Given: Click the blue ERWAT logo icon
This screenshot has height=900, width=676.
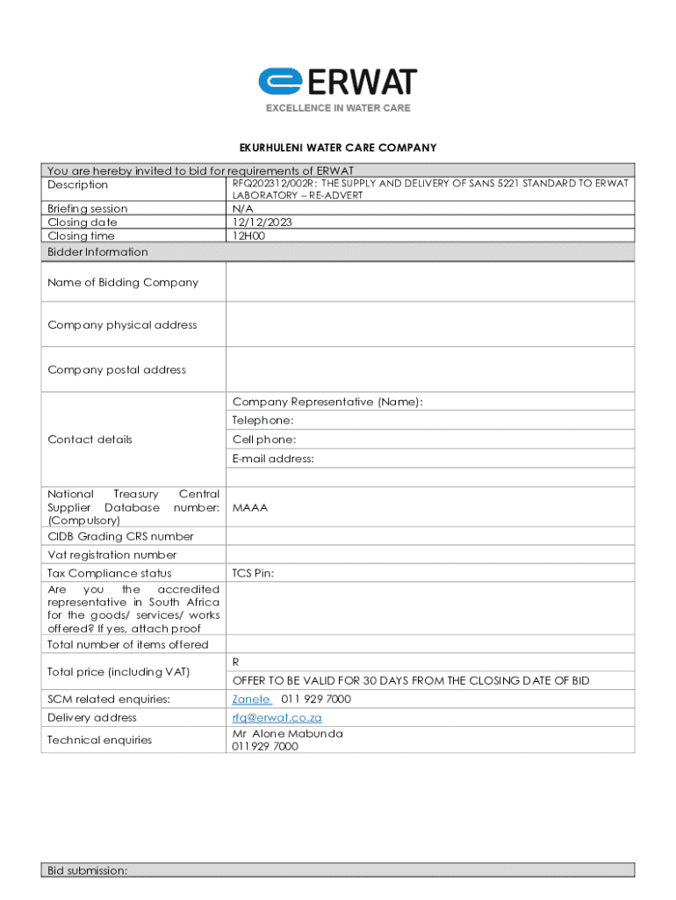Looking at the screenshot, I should [280, 82].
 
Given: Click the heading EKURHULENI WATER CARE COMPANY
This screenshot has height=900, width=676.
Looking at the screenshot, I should [338, 148].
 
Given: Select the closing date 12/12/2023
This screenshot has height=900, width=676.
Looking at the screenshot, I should [262, 222].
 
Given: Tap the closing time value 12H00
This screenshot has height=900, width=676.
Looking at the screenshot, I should [248, 236].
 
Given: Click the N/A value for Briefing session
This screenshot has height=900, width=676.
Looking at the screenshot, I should [242, 209].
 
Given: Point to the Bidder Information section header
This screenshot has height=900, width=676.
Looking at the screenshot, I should [97, 252].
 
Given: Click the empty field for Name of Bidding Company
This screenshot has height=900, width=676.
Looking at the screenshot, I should [430, 282].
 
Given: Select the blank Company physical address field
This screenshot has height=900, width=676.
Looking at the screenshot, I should [430, 324].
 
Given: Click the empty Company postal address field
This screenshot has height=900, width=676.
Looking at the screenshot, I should [430, 369].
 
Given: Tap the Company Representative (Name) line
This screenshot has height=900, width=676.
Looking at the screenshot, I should [327, 402].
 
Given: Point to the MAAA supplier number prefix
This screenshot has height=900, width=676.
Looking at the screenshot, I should [250, 507].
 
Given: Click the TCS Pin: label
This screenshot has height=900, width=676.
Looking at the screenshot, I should [253, 573].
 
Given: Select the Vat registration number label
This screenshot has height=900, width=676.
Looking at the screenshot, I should [111, 555].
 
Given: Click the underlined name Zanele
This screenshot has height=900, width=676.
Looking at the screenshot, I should [250, 700].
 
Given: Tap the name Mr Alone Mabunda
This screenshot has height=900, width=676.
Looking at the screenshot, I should [287, 734].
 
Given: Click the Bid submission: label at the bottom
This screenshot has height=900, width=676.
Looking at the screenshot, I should [88, 870].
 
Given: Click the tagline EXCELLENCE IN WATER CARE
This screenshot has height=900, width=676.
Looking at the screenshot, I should [338, 108].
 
